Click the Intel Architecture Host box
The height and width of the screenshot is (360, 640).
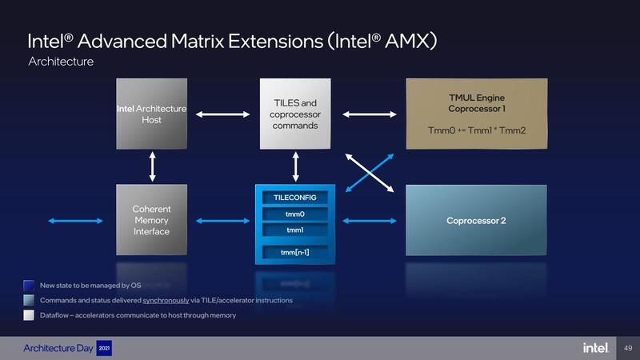(152, 114)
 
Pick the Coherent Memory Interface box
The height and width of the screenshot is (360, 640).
(152, 220)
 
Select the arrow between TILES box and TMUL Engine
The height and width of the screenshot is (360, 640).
(370, 114)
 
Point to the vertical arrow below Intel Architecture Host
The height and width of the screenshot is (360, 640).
(152, 166)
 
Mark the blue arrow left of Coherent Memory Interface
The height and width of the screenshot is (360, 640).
(77, 221)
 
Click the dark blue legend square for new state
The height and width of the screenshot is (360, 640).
(29, 285)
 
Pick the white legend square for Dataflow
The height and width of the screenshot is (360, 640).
(29, 315)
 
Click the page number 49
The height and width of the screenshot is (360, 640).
(627, 348)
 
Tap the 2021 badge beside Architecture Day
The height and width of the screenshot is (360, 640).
(104, 348)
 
